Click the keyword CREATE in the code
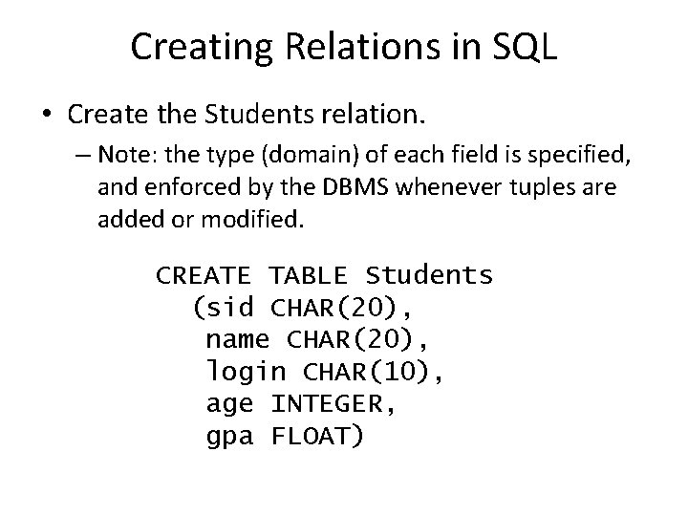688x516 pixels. [204, 277]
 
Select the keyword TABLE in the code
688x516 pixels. [308, 277]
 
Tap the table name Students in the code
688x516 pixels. [429, 277]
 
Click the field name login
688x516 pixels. [246, 373]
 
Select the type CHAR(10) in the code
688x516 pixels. [374, 373]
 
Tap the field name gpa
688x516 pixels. [230, 437]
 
